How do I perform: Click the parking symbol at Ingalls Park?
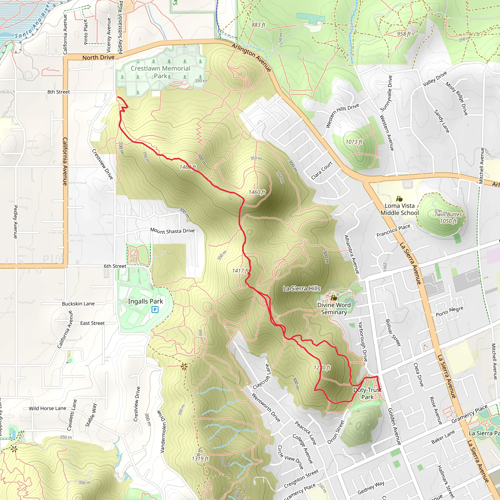(x=155, y=309)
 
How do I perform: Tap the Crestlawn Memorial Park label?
(x=160, y=72)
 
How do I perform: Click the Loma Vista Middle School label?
(x=399, y=209)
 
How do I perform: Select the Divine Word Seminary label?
(x=334, y=309)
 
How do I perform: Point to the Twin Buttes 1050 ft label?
(x=448, y=218)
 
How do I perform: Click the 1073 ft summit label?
(x=354, y=142)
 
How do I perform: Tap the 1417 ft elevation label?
(x=240, y=271)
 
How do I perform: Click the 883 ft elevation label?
(x=258, y=25)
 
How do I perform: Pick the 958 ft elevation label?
(x=404, y=34)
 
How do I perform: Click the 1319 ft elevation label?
(x=200, y=458)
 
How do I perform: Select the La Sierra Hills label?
(x=302, y=288)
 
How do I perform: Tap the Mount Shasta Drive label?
(x=172, y=231)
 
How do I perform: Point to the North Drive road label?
(x=98, y=57)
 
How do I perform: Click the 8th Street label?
(x=59, y=92)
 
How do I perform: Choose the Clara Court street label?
(x=322, y=170)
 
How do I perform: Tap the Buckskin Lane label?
(x=78, y=303)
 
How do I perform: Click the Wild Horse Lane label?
(x=47, y=408)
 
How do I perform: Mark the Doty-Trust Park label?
(x=367, y=393)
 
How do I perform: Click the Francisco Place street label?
(x=393, y=230)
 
